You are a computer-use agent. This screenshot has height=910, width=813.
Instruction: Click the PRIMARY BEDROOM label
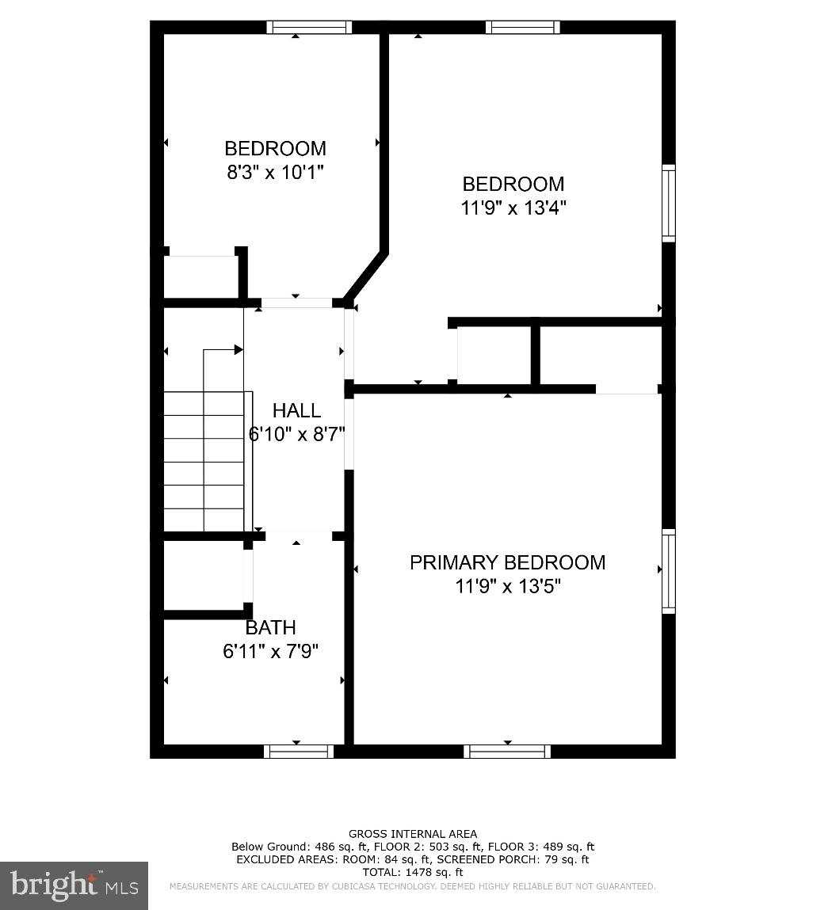coord(507,562)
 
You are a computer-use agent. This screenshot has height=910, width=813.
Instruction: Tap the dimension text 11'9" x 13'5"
coord(507,586)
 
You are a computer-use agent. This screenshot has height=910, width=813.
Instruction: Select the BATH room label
coord(270,628)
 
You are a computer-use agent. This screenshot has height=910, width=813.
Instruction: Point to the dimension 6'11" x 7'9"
coord(270,651)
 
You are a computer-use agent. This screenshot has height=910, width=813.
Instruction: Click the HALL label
coord(296,410)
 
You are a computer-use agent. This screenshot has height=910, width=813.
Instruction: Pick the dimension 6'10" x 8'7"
coord(296,434)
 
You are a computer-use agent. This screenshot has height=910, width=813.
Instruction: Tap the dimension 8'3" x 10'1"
coord(275,172)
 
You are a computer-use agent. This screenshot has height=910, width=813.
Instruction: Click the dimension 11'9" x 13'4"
coord(513,208)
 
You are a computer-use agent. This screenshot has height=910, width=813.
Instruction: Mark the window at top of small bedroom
coord(309,27)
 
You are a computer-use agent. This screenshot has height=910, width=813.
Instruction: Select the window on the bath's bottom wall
coord(299,752)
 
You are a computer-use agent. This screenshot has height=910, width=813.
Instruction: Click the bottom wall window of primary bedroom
coord(507,752)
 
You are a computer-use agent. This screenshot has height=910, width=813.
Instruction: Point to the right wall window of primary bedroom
coord(669,571)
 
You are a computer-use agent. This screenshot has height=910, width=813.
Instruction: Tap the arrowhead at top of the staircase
coord(239,349)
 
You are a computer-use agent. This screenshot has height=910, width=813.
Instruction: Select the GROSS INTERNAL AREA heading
coord(413,834)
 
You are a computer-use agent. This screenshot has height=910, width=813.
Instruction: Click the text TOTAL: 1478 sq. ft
coord(413,872)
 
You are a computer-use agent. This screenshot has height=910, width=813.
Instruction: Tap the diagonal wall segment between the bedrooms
coord(365,276)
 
